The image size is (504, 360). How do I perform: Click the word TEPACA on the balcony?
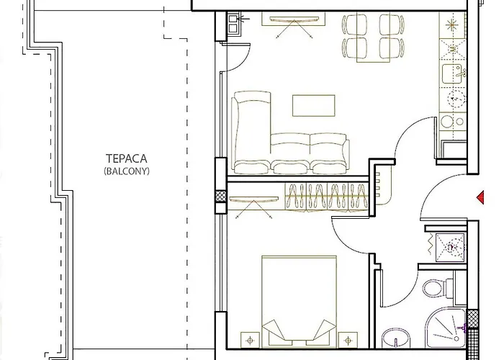pos(121,160)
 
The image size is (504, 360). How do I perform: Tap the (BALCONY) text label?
pos(121,171)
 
